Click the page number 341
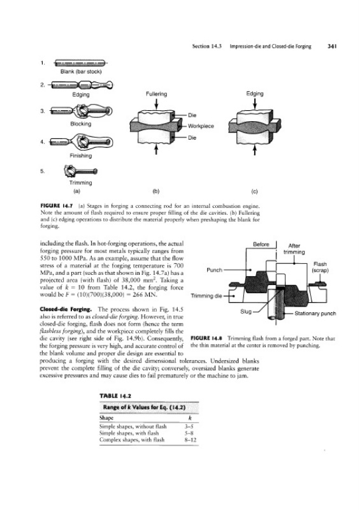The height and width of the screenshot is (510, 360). pyautogui.click(x=332, y=46)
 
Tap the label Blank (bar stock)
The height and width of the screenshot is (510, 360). pyautogui.click(x=81, y=71)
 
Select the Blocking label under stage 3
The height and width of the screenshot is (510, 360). pyautogui.click(x=81, y=124)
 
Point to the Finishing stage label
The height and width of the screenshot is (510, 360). pyautogui.click(x=81, y=156)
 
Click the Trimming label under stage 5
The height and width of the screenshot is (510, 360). pyautogui.click(x=81, y=183)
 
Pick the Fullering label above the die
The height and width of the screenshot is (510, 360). pyautogui.click(x=156, y=94)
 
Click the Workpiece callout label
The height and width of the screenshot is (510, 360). pyautogui.click(x=201, y=126)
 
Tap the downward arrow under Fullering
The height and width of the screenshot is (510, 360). pyautogui.click(x=156, y=104)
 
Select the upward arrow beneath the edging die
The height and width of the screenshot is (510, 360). pyautogui.click(x=255, y=150)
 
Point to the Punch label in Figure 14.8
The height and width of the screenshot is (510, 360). pyautogui.click(x=214, y=270)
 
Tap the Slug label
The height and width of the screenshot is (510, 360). pyautogui.click(x=246, y=312)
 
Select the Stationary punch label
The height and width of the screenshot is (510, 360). pyautogui.click(x=315, y=314)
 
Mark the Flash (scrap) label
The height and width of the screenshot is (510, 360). pyautogui.click(x=320, y=267)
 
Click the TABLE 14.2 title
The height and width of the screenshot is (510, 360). pyautogui.click(x=115, y=396)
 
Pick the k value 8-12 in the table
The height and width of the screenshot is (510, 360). pyautogui.click(x=191, y=440)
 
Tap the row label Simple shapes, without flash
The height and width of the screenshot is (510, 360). pyautogui.click(x=133, y=426)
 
